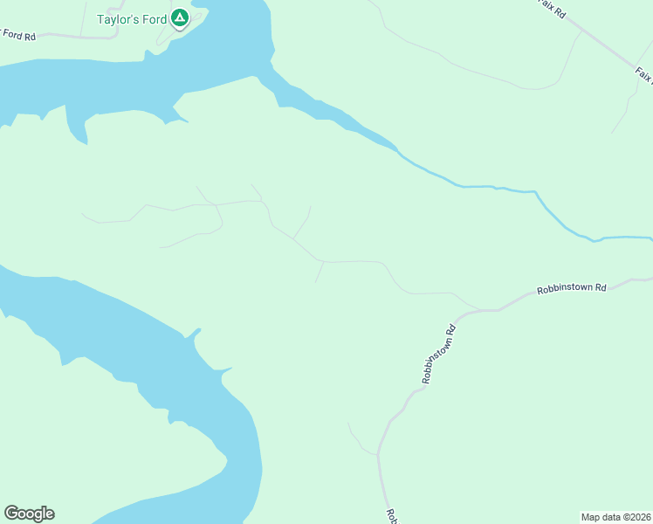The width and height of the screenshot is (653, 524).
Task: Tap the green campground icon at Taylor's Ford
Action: coord(179,17)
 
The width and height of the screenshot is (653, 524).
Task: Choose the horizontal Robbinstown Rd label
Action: coord(571,288)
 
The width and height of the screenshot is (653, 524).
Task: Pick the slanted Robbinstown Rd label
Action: coord(439,355)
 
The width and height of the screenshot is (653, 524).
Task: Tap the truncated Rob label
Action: coord(391,515)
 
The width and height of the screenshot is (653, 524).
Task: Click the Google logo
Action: coord(29,514)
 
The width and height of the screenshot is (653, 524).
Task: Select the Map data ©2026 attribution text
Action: coord(615,516)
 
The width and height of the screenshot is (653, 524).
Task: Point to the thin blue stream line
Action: coord(489,186)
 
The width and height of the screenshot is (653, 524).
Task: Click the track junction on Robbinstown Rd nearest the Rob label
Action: coord(377,454)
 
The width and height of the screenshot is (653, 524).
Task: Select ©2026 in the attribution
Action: coord(635,516)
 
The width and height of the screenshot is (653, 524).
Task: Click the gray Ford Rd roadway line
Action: coord(87,38)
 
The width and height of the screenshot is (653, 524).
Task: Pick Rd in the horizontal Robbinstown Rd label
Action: coord(600,287)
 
